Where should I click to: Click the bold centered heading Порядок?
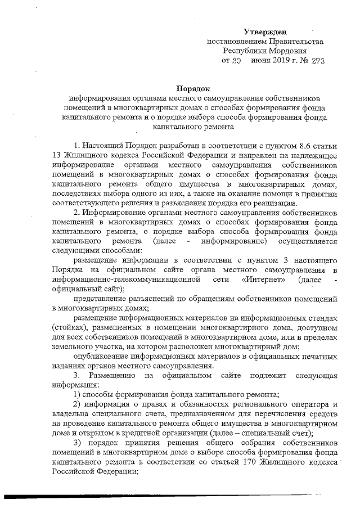click(x=193, y=89)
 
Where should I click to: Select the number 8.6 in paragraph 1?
click(x=291, y=147)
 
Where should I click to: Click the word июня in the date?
click(x=261, y=60)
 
